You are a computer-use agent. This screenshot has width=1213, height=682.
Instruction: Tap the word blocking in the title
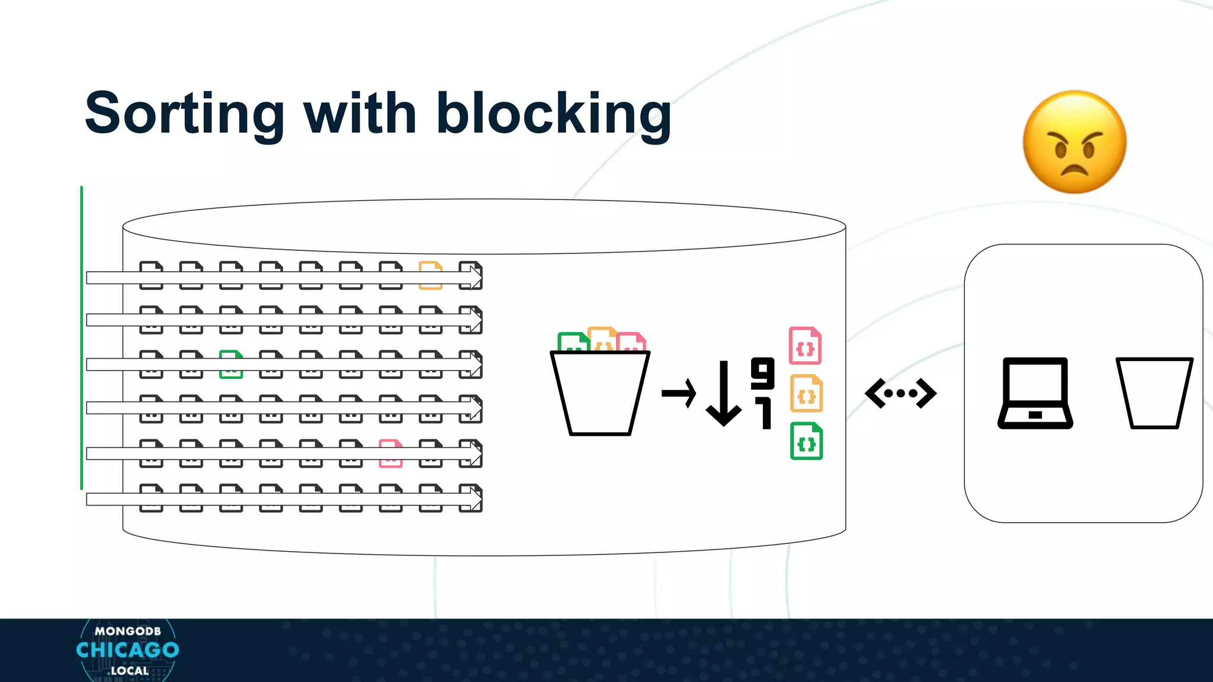point(554,114)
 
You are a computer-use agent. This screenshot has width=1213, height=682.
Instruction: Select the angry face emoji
point(1074,142)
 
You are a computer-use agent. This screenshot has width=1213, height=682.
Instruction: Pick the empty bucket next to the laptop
point(1154,393)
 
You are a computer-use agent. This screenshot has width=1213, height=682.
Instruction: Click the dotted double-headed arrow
point(900,393)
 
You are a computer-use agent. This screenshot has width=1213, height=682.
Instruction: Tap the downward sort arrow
point(723,394)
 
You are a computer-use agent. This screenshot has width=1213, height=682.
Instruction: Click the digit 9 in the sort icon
point(762,373)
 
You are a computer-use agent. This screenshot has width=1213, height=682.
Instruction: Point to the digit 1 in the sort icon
point(765,413)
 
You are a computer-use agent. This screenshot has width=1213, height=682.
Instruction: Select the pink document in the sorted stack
point(805,346)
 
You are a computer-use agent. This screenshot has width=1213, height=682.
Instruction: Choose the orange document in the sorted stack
point(806,393)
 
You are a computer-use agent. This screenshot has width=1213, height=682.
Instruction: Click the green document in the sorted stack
point(806,441)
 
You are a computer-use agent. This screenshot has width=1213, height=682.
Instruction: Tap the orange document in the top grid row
point(431,275)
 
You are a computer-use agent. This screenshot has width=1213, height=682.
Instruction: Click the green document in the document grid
point(231,364)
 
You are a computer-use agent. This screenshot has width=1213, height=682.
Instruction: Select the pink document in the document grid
point(391,453)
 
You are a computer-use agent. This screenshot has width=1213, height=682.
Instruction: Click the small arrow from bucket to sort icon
point(679,393)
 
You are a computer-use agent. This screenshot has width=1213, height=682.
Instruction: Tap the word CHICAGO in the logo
point(127,650)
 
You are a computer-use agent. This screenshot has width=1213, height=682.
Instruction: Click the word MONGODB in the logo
point(127,631)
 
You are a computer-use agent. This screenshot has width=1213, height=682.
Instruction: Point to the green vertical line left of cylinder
point(82,337)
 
